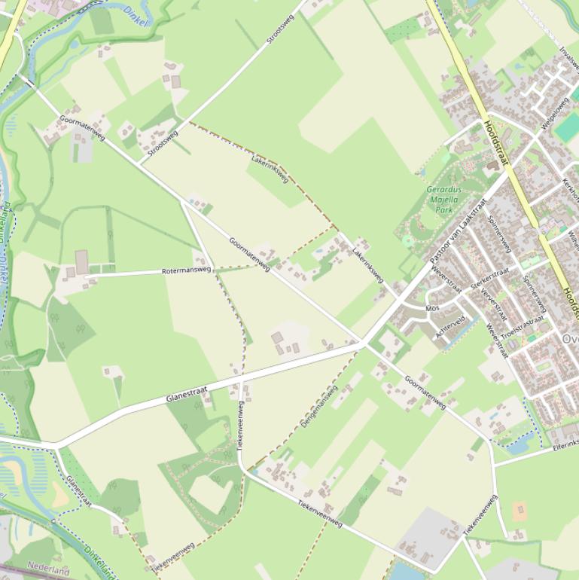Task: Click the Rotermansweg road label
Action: pyautogui.click(x=187, y=270)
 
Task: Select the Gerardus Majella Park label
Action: pyautogui.click(x=443, y=200)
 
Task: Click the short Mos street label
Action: pyautogui.click(x=432, y=308)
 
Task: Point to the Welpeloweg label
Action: pyautogui.click(x=555, y=112)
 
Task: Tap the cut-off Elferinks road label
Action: pyautogui.click(x=565, y=445)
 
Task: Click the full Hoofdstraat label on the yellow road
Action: pyautogui.click(x=497, y=143)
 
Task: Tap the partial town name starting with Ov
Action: pyautogui.click(x=570, y=339)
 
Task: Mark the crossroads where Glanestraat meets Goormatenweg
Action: pyautogui.click(x=363, y=344)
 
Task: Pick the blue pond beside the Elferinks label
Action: pyautogui.click(x=518, y=446)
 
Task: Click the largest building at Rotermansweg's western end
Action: pyautogui.click(x=81, y=261)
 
